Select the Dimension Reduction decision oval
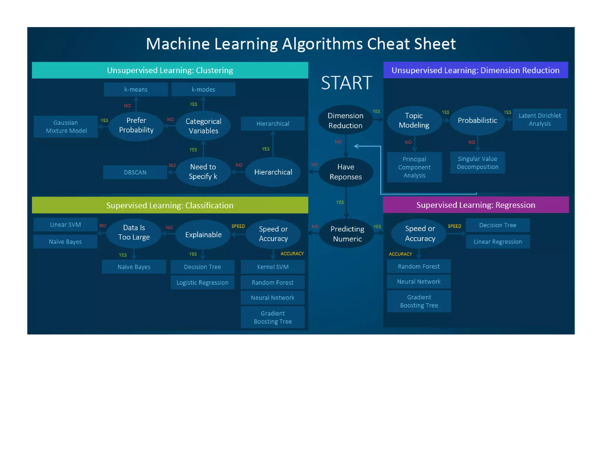pos(345,120)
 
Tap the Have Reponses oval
pos(346,172)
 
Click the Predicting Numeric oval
pos(347,234)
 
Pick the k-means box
pos(136,89)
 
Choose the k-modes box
pos(203,89)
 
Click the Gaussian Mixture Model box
pos(66,127)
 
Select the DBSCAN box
pos(135,172)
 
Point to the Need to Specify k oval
pos(203,172)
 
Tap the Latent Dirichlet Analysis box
pos(539,120)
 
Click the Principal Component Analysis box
pos(414,167)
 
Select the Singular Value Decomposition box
pos(477,163)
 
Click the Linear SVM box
pos(65,225)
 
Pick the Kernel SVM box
pos(272,267)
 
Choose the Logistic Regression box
pos(202,282)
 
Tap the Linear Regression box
pos(498,242)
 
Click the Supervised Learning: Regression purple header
pos(476,205)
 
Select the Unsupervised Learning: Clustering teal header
pos(170,70)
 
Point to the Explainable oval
pos(203,235)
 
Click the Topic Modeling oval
pos(414,120)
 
